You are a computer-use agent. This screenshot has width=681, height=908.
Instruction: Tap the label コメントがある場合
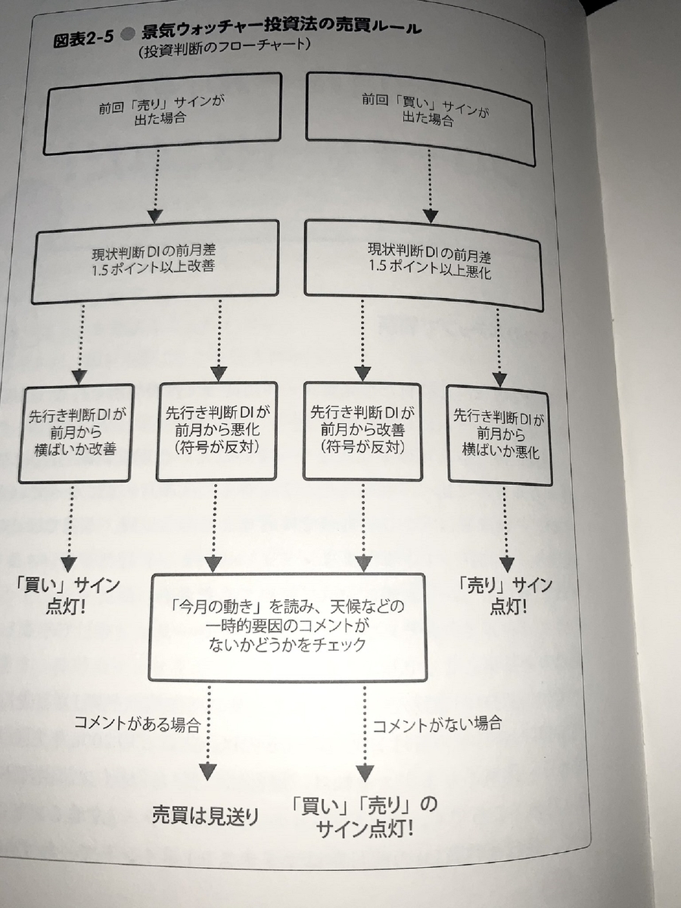(136, 725)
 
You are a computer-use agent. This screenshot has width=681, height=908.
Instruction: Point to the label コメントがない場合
(437, 723)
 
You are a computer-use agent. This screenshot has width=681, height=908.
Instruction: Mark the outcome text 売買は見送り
(205, 816)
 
